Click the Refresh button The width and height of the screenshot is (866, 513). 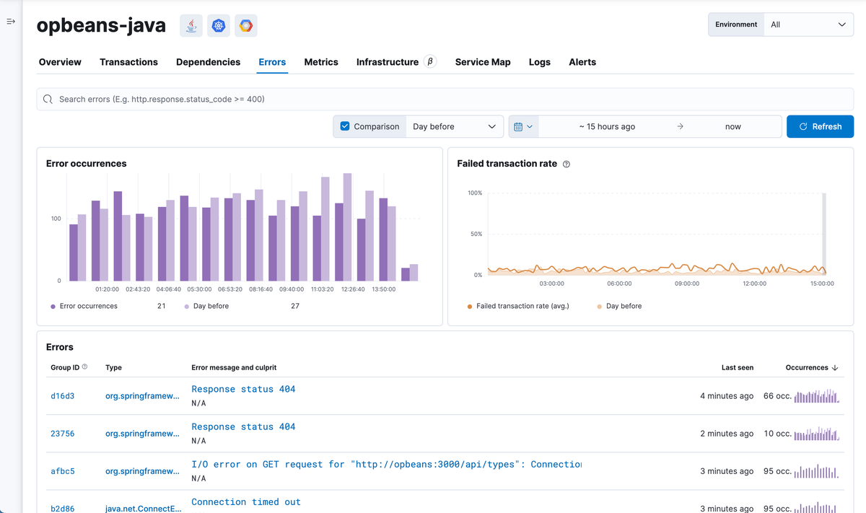click(820, 126)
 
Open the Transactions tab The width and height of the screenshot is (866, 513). click(128, 62)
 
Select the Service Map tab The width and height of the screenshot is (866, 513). click(483, 62)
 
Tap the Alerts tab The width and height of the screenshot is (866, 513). click(582, 62)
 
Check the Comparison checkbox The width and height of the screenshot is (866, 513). click(345, 126)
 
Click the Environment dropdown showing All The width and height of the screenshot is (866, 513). click(808, 25)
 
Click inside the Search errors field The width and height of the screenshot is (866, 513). click(445, 99)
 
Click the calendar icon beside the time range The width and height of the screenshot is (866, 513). click(518, 126)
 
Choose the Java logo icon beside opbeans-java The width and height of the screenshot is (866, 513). click(191, 25)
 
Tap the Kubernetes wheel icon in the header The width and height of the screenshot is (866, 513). click(219, 25)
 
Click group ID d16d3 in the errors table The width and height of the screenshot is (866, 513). click(62, 395)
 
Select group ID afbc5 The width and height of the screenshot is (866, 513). click(62, 471)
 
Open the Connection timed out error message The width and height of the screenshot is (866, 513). click(246, 501)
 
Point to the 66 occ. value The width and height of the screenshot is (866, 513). click(777, 395)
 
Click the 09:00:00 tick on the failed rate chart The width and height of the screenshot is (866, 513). click(686, 284)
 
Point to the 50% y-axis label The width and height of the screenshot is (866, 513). click(476, 234)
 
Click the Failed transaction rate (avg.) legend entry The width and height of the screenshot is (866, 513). click(522, 306)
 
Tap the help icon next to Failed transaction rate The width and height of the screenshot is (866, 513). click(566, 164)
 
